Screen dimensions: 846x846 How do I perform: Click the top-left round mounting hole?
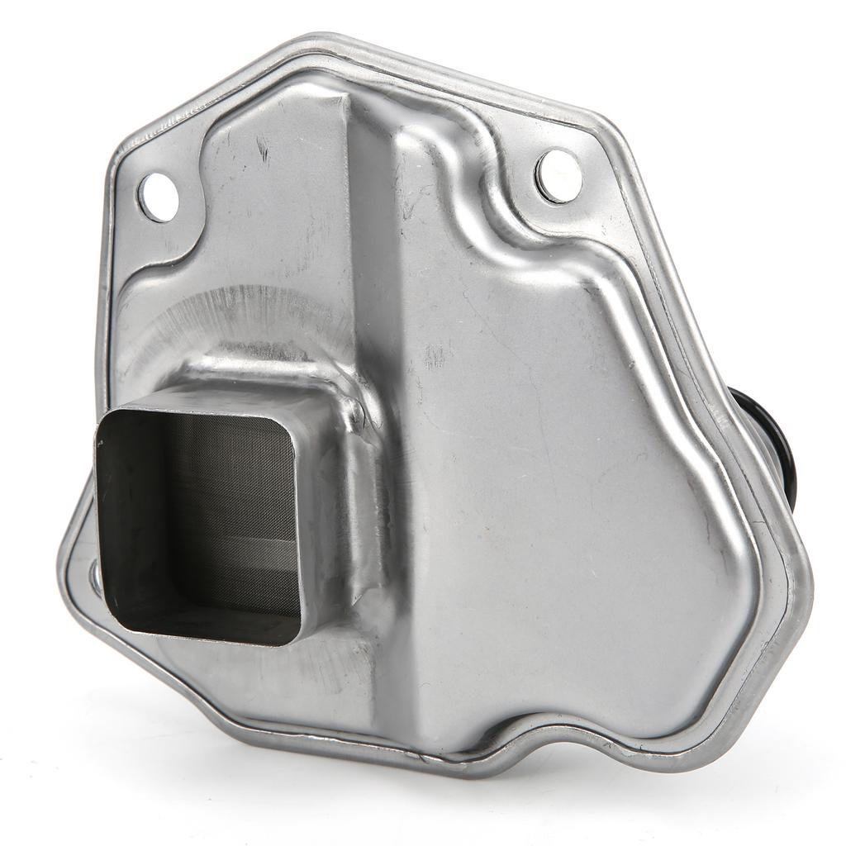click(158, 197)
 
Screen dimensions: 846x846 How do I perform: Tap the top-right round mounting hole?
click(558, 175)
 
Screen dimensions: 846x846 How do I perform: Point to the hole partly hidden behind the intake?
click(95, 577)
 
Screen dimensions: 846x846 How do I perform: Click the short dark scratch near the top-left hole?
click(263, 150)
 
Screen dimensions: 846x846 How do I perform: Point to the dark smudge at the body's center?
click(434, 355)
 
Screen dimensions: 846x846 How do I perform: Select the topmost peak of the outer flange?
click(322, 40)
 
